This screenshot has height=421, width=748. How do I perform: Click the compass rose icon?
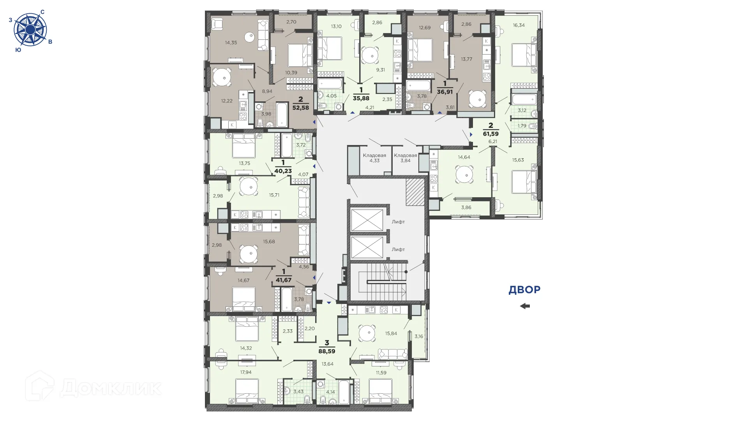pos(30,30)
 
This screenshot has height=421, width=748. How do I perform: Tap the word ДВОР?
pos(524,290)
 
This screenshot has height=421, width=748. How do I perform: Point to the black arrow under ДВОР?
pos(525,306)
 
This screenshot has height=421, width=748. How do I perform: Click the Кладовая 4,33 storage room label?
pos(374,158)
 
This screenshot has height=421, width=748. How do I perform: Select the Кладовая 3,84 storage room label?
pos(405,158)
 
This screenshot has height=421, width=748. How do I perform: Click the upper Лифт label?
pos(398,222)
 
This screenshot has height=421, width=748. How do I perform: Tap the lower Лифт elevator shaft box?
pos(367,248)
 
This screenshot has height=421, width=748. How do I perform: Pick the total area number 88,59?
pos(327,351)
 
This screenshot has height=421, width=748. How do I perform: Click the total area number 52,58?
pos(300,108)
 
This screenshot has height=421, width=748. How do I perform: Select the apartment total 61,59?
pos(490,134)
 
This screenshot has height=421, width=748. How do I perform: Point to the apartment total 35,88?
pos(361,99)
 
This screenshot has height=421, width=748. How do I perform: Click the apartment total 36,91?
pos(445,92)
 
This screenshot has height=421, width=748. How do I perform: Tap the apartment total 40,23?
pos(283,171)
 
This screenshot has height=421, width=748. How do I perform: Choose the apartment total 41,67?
pos(283,280)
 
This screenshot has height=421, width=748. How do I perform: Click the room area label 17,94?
pos(246,372)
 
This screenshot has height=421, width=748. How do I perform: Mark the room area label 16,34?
pos(519,25)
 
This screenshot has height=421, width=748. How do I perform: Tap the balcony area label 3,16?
pos(419,336)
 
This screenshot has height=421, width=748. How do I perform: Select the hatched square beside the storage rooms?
pos(415,192)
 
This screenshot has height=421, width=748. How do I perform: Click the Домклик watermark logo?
pos(93,387)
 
